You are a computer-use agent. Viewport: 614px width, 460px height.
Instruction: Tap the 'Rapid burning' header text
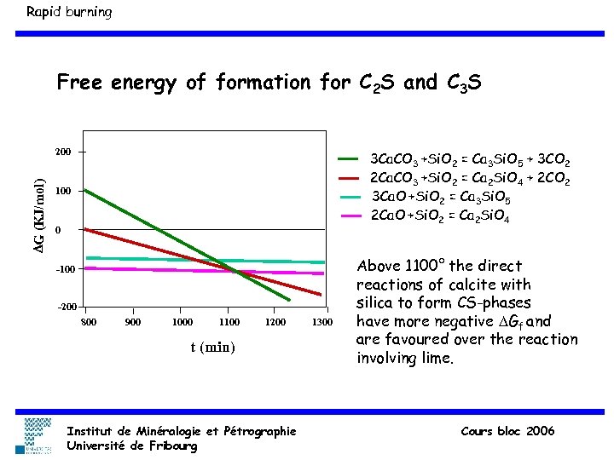(68, 12)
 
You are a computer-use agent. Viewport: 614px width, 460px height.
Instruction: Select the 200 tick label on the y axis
(63, 152)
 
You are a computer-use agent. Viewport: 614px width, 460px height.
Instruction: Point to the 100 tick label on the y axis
(63, 192)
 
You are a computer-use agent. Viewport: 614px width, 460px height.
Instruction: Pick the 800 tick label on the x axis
(88, 322)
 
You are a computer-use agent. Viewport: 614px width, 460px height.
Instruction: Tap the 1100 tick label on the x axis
(229, 322)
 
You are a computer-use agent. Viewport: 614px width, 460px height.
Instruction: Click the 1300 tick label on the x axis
(321, 322)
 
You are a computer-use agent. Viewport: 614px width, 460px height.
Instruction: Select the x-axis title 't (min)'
(212, 348)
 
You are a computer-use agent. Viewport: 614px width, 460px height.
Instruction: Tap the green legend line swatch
(350, 159)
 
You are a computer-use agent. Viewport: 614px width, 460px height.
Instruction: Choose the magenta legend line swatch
(350, 216)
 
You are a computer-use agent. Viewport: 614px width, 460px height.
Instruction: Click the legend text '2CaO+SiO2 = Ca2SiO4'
(439, 216)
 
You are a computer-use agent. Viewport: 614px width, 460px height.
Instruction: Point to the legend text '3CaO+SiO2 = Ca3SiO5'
(439, 197)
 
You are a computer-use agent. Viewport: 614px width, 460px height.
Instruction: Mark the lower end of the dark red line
(321, 295)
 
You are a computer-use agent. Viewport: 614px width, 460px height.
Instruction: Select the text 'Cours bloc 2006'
(507, 431)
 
